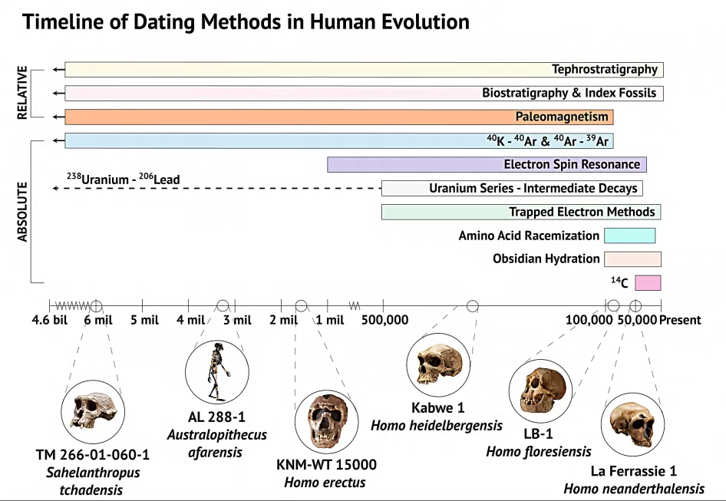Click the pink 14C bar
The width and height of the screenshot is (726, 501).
(648, 282)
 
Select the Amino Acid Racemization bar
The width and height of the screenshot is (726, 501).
(629, 236)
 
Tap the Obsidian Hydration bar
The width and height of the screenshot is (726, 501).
(632, 259)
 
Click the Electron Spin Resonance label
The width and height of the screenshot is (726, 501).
(572, 164)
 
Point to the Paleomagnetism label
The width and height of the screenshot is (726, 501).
(562, 117)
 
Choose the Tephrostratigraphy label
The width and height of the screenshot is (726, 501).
(605, 70)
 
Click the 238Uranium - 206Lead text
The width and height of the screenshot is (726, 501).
(123, 180)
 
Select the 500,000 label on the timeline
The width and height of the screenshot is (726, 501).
(384, 320)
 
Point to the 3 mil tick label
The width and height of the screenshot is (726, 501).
(237, 320)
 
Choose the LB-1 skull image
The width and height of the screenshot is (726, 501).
(540, 391)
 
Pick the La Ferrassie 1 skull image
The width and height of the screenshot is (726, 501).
(632, 424)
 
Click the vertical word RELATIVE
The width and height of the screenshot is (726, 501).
(22, 93)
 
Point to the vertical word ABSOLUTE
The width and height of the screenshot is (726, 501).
(22, 211)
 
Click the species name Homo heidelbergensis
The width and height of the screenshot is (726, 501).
(437, 425)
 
